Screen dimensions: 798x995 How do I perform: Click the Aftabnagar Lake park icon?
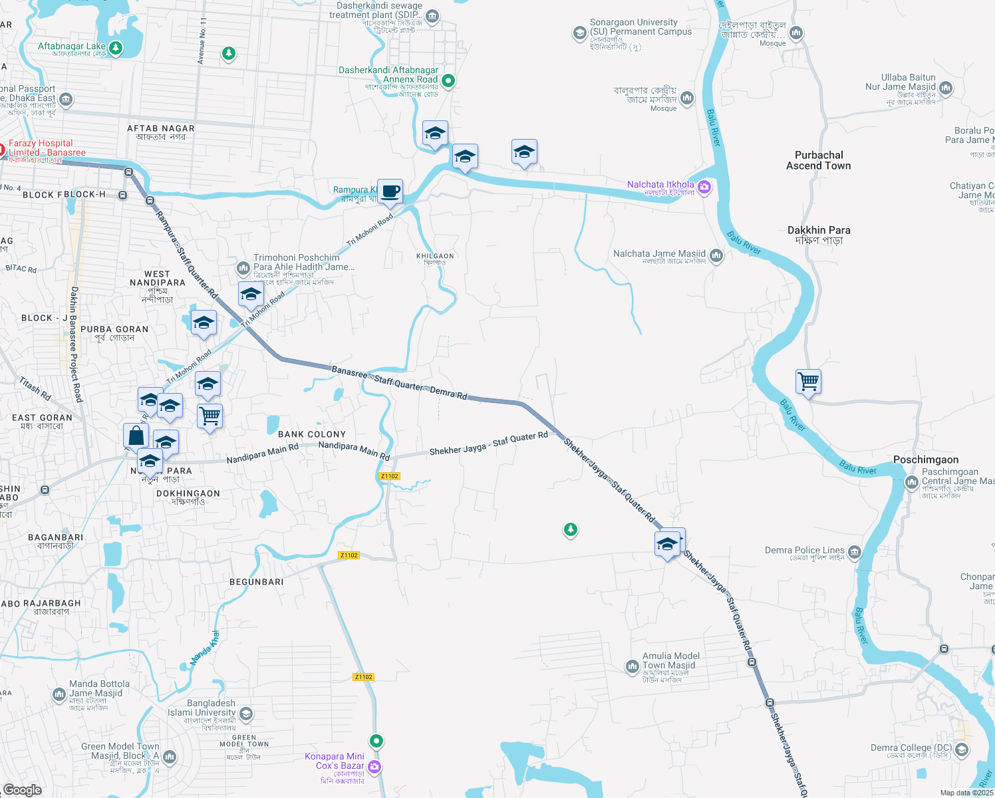116,48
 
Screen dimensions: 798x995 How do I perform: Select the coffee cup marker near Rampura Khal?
390,192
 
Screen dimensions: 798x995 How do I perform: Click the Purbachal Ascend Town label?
818,160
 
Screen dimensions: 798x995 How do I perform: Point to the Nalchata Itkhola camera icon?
704,188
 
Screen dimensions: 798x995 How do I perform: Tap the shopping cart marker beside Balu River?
808,382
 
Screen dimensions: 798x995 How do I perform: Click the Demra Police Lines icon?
855,552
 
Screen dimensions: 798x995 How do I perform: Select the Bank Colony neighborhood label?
312,434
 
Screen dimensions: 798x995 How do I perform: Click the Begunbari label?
257,582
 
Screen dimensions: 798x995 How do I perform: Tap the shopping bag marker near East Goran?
136,436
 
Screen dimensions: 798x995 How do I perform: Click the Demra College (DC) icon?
961,750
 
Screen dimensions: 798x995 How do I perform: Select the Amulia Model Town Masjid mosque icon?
632,666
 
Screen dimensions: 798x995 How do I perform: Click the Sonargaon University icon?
579,33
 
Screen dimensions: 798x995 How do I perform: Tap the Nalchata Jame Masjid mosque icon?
716,256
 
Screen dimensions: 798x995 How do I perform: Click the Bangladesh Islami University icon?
245,714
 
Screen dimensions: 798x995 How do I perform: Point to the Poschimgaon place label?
926,460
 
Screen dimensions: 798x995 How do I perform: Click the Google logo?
23,789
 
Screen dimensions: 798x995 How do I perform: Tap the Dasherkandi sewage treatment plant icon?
432,16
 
